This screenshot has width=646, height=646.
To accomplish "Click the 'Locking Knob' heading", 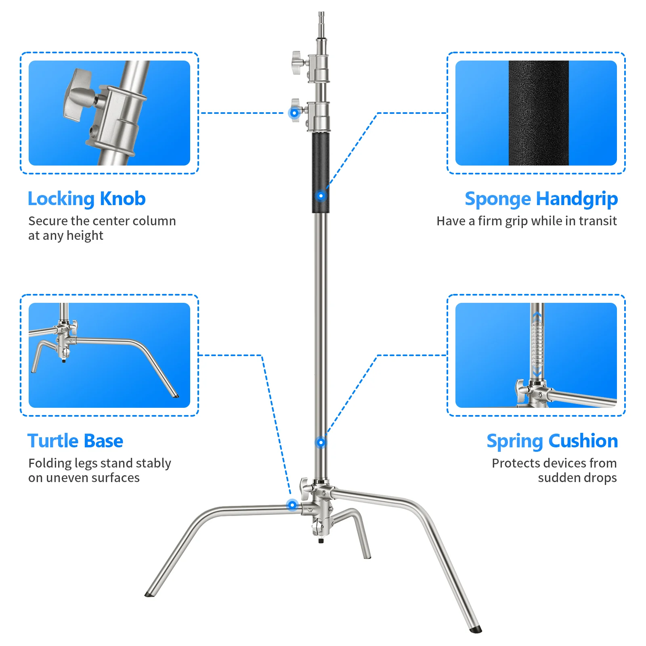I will [86, 199].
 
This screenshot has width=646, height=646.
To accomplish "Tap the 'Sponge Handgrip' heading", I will [541, 199].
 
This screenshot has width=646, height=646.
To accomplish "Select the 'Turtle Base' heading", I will [75, 441].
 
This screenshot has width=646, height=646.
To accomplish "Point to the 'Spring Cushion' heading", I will [552, 441].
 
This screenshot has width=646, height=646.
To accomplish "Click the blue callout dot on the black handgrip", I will [321, 196].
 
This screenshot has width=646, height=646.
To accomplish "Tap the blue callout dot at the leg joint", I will [292, 505].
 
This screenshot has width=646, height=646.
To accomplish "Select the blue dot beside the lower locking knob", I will [294, 113].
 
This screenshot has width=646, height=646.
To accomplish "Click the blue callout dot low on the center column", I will [321, 443].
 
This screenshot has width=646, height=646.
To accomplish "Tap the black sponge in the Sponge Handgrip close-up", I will [538, 113].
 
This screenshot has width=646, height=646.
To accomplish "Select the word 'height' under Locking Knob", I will [85, 236].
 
